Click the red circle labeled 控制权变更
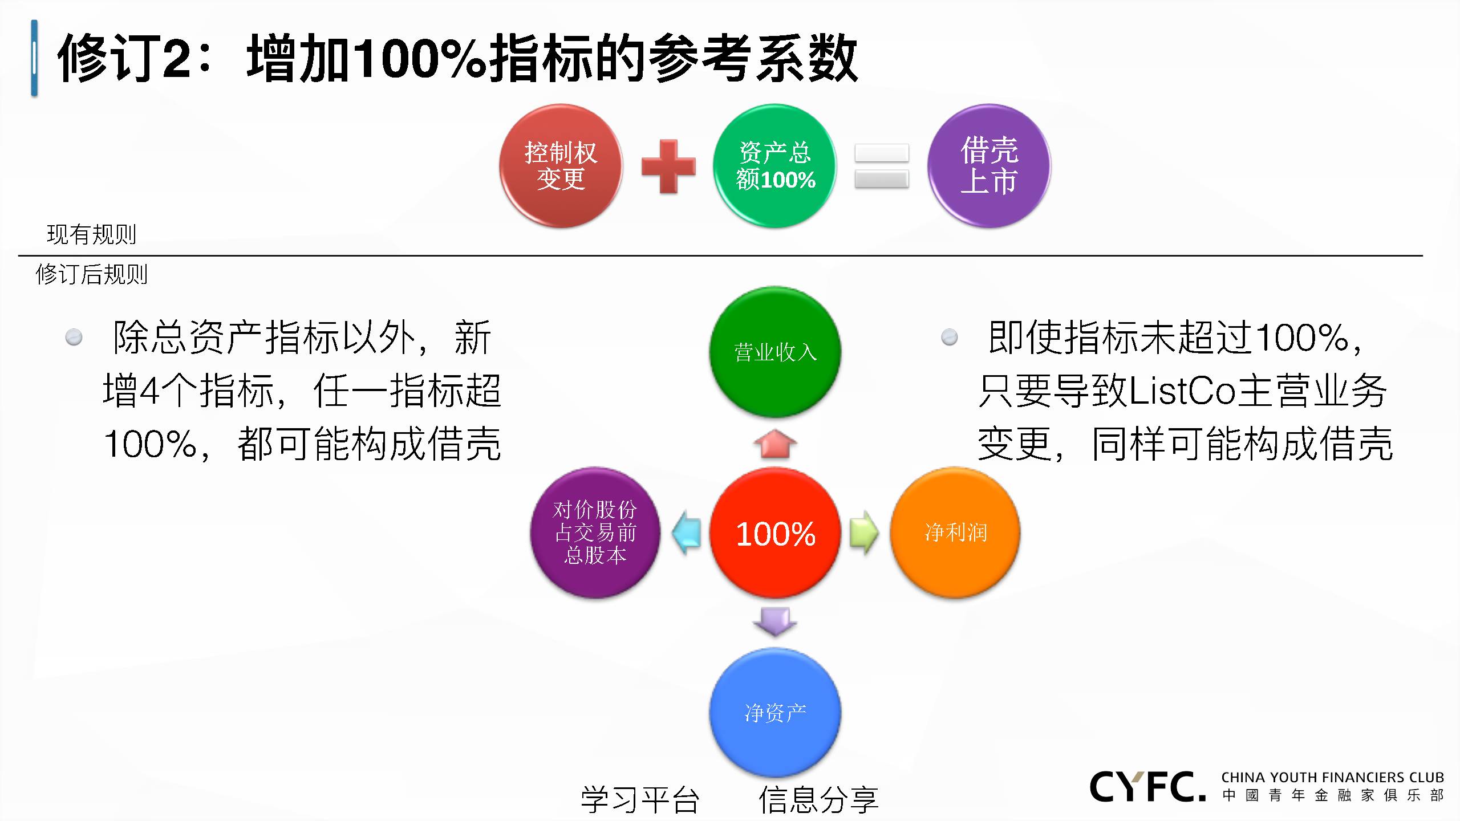(x=561, y=166)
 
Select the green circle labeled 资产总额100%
(x=775, y=166)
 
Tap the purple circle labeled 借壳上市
(x=989, y=166)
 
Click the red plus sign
(x=668, y=166)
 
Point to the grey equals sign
(x=882, y=166)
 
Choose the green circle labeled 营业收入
(x=775, y=352)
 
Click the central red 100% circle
(x=775, y=533)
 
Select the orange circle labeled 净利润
(x=955, y=533)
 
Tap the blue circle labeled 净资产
(x=775, y=713)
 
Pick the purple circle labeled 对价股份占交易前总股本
(x=595, y=533)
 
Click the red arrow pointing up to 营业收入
(x=775, y=444)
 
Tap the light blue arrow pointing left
(x=686, y=533)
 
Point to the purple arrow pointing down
(x=775, y=622)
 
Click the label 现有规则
(x=91, y=234)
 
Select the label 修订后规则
(x=91, y=274)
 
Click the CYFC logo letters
(x=1147, y=787)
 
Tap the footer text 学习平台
(x=640, y=799)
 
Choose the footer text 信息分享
(x=818, y=799)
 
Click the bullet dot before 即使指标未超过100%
(x=950, y=337)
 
